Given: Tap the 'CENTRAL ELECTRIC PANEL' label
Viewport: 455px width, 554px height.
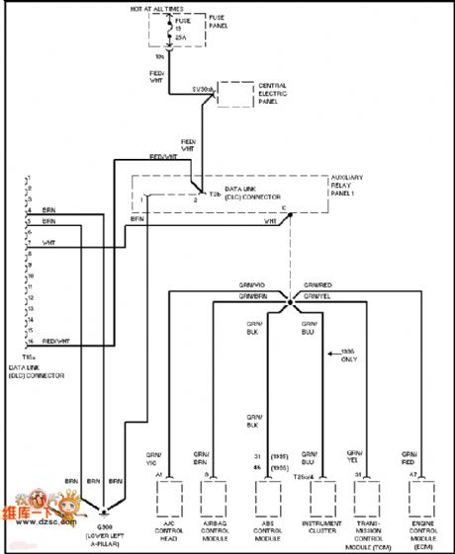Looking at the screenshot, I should pyautogui.click(x=273, y=93).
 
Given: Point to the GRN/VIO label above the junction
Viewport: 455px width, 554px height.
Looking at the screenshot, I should pyautogui.click(x=252, y=284).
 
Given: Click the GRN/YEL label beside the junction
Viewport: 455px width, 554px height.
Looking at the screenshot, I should pyautogui.click(x=318, y=295).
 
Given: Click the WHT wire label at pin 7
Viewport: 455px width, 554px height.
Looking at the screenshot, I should pyautogui.click(x=48, y=242).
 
